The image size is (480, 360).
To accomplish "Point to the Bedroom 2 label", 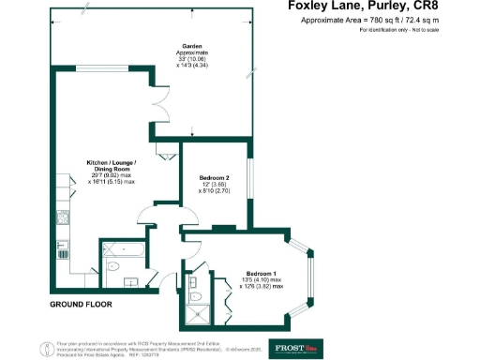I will (x=215, y=177).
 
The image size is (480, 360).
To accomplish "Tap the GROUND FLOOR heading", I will (x=81, y=305).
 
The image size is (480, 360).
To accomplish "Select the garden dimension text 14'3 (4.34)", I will (x=194, y=66).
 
